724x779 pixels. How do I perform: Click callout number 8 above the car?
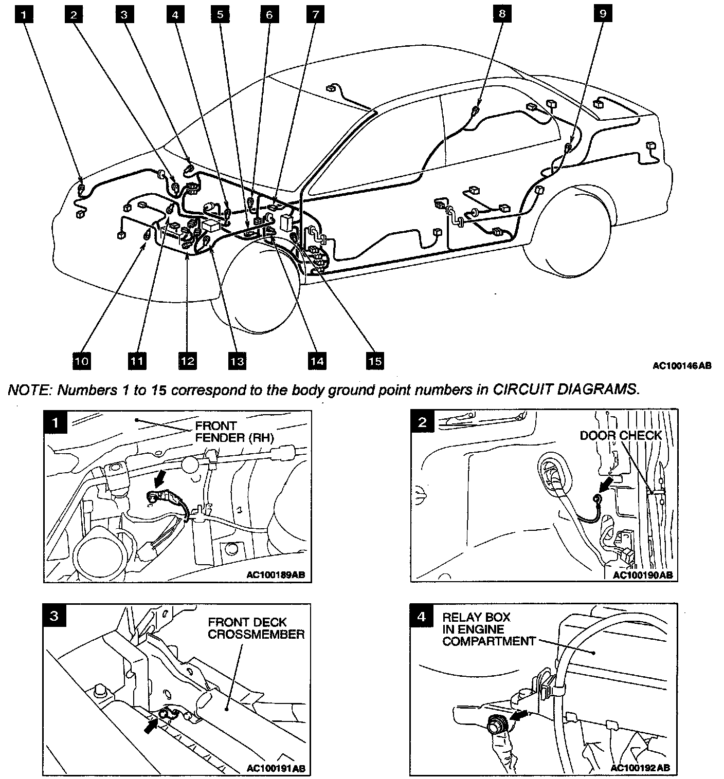click(502, 14)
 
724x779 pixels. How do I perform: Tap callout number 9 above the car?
click(602, 14)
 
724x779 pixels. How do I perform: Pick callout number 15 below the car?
click(375, 361)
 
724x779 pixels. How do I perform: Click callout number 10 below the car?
click(82, 361)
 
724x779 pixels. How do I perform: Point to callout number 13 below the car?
click(237, 361)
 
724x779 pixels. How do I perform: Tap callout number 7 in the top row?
click(315, 15)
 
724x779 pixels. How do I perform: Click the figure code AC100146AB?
click(682, 366)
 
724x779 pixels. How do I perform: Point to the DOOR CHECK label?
click(621, 436)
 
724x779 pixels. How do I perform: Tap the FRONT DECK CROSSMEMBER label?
click(256, 628)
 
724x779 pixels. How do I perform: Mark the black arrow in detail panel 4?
click(521, 717)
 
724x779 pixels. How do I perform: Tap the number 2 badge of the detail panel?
click(423, 422)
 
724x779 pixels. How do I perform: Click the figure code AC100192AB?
click(640, 768)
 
